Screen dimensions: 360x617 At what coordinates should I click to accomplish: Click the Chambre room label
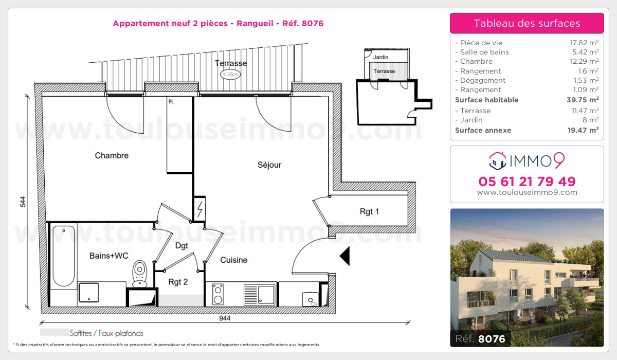pos(112,155)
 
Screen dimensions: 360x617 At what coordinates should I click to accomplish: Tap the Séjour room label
pos(269,165)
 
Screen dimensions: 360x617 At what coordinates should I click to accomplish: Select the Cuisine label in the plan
pos(234,260)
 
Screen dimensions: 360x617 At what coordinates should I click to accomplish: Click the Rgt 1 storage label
pos(370,211)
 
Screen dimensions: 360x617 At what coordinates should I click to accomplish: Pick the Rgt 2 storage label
pos(178,282)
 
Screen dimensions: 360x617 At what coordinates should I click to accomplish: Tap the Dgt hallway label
pos(182,246)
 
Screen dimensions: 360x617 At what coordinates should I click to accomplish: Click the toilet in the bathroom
pos(140,274)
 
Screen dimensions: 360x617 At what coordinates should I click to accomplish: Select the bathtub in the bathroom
pos(64,256)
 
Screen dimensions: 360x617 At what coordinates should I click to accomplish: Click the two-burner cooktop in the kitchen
pos(218,295)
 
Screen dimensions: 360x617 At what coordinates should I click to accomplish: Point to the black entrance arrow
pos(344,256)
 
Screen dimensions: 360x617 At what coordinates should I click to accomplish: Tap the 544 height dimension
pos(23,202)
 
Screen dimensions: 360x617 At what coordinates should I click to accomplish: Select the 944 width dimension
pos(225,318)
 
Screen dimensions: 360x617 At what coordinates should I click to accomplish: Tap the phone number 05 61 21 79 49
pos(527,182)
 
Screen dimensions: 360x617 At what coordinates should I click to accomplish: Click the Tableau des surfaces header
pos(527,23)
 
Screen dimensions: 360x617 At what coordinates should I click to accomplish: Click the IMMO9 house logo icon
pos(497,161)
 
